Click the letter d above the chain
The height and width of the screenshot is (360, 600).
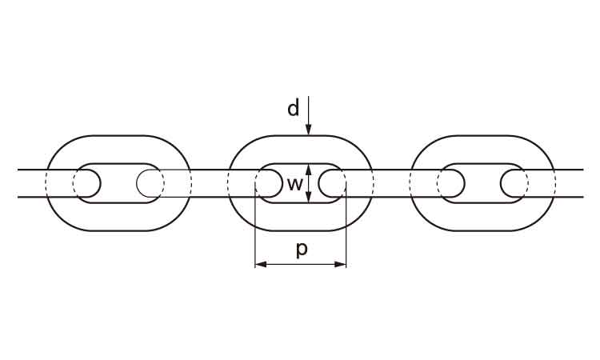coord(294,108)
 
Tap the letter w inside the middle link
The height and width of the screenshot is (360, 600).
coord(294,184)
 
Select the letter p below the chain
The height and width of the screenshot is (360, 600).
coord(302,249)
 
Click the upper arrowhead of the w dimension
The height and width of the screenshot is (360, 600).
coord(309,168)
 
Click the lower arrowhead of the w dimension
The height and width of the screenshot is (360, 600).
coord(309,199)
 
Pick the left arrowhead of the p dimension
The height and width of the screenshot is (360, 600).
coord(258,263)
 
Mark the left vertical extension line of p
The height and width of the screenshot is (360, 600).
coord(254,232)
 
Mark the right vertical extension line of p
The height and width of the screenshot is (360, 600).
coord(346,232)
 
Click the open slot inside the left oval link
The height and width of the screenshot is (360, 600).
coord(118,183)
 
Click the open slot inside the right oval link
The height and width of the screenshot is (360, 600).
coord(482,183)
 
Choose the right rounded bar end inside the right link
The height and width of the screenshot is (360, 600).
coord(513,183)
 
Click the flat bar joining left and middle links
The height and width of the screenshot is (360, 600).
coord(210,183)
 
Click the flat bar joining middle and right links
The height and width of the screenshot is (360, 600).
coord(391,183)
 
